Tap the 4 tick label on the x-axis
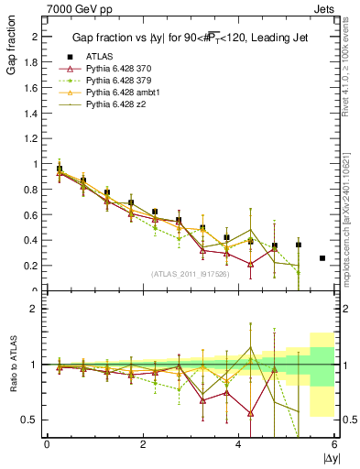click(x=238, y=444)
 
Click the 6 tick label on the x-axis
click(x=334, y=444)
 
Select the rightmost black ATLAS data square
click(x=322, y=258)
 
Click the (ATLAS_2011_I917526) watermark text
click(x=190, y=274)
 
